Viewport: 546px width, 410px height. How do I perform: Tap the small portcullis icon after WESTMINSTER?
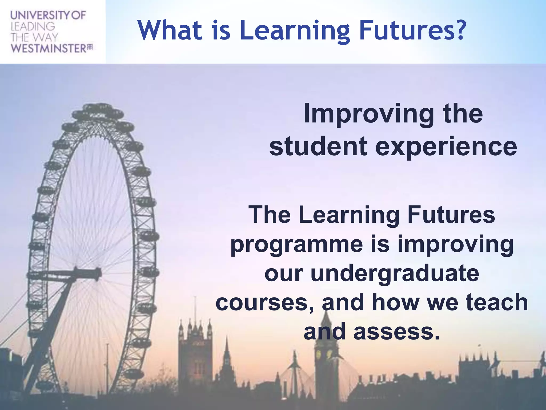[x=90, y=47]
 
